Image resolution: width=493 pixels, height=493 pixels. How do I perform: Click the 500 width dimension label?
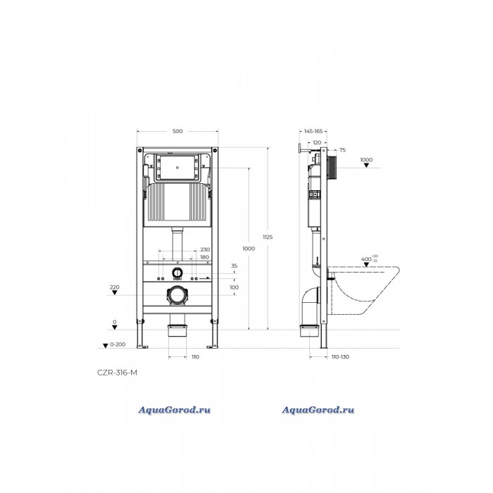coord(177,131)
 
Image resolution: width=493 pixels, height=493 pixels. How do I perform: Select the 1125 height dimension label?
coord(268,237)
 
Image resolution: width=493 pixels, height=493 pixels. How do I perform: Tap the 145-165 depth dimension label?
coord(313,131)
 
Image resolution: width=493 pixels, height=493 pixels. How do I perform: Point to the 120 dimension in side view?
coord(317,143)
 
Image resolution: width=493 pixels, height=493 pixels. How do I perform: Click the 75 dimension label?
coord(342,150)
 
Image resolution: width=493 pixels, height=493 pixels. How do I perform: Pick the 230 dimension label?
coord(205,249)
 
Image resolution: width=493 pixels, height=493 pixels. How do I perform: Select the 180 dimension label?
coord(204,257)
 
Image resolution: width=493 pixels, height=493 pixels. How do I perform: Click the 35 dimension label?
coord(235,266)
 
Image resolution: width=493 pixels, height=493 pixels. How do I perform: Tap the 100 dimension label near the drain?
coord(235,287)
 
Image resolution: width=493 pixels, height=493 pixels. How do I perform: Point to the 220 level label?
coord(114,287)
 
